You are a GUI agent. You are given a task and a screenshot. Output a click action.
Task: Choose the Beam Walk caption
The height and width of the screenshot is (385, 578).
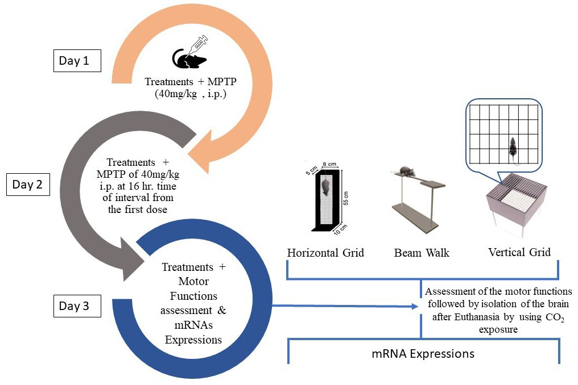[x=422, y=252]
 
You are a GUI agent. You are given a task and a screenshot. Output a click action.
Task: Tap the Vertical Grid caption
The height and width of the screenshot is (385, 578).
[x=519, y=252]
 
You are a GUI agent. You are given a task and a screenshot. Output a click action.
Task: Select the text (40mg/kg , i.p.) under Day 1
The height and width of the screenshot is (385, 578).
[x=191, y=94]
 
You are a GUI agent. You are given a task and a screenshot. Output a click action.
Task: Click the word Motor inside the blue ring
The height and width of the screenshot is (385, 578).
[x=194, y=282]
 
